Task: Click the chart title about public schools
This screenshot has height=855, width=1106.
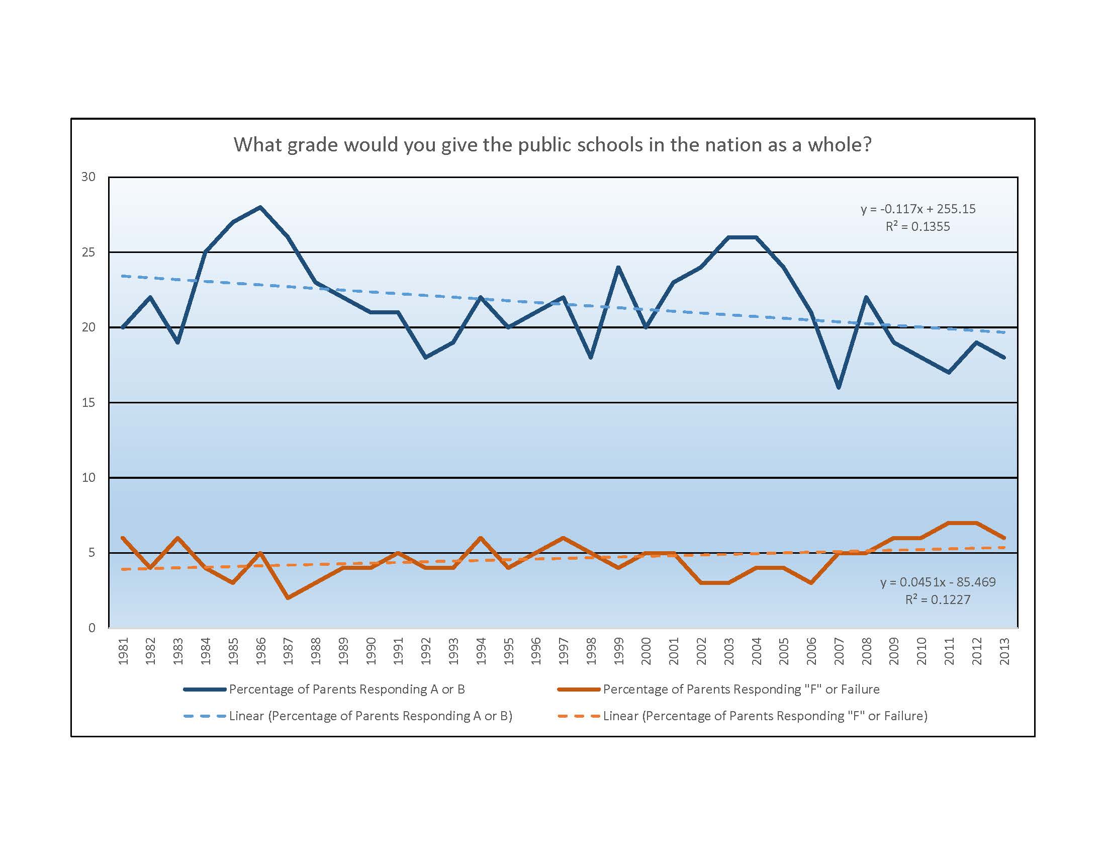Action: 552,145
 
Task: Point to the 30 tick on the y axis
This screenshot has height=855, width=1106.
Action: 88,177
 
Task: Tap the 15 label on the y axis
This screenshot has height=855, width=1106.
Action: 88,403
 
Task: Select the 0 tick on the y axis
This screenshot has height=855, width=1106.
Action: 91,628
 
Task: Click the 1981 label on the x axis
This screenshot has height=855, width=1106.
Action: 123,651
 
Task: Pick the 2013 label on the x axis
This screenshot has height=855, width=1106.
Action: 1005,651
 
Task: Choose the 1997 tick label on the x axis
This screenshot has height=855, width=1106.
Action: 564,651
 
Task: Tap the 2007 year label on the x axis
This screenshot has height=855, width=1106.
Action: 839,651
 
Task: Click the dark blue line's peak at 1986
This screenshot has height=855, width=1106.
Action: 260,207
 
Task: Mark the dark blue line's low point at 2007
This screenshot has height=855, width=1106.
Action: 839,387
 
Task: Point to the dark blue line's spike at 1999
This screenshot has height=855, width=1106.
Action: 618,267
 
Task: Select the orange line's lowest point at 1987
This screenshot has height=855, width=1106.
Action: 288,598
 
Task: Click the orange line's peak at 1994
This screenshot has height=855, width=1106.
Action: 481,538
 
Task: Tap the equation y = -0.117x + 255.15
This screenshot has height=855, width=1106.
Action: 917,209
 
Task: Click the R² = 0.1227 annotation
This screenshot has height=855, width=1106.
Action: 938,600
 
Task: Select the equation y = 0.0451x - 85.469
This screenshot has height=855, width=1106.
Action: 938,582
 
